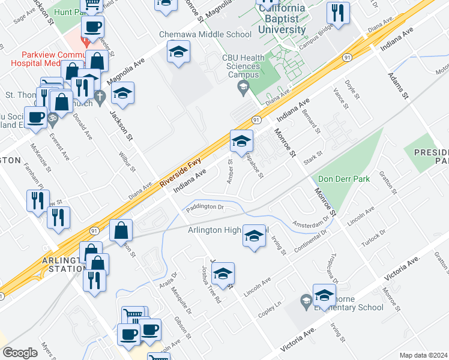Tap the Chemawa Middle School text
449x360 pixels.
click(x=205, y=34)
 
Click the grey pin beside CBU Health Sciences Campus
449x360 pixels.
click(x=243, y=89)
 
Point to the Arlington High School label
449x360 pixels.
click(x=228, y=230)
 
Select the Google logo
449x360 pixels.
click(x=20, y=353)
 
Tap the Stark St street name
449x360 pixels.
click(x=313, y=157)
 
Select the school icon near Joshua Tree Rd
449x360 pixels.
click(x=223, y=274)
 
